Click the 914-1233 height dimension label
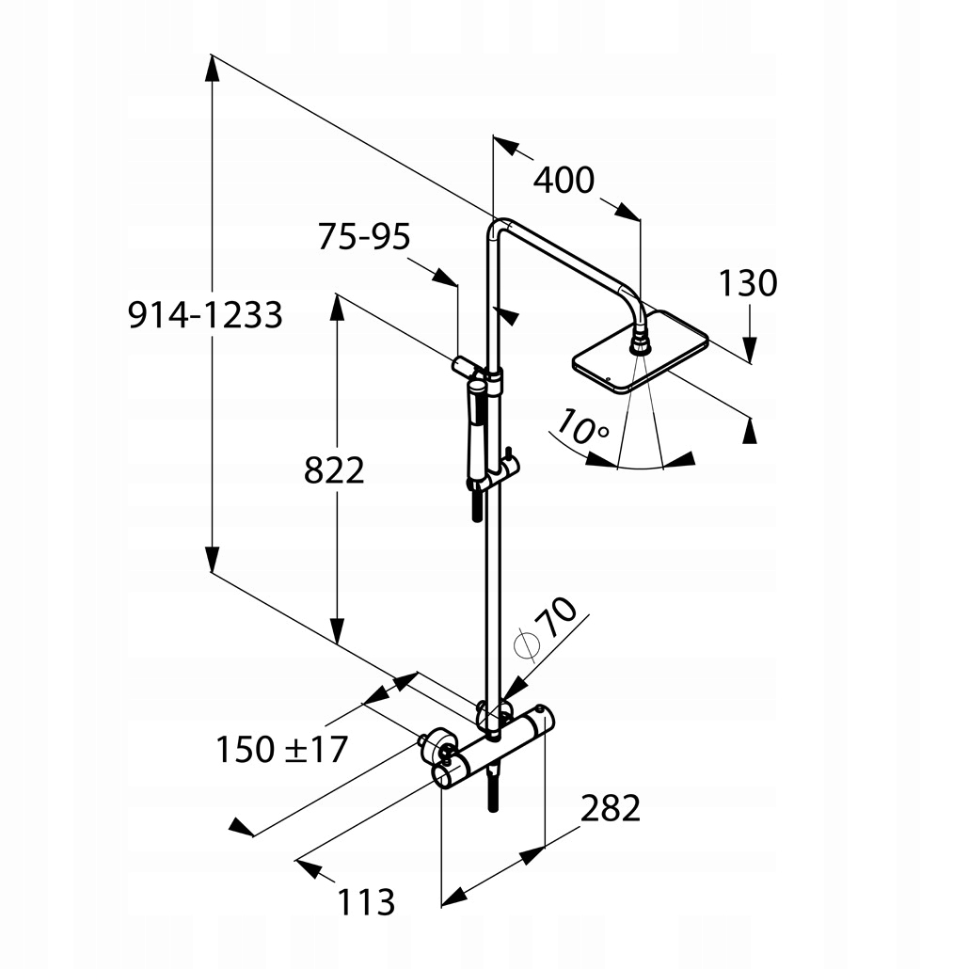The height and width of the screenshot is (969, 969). [x=205, y=315]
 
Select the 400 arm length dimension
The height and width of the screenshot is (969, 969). [x=564, y=180]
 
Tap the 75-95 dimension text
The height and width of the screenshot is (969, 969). [x=364, y=237]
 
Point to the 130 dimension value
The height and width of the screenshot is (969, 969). [x=748, y=282]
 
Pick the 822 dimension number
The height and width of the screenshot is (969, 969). [x=334, y=470]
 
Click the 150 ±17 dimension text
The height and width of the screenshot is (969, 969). [x=281, y=750]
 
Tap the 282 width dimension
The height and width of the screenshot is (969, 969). [x=610, y=807]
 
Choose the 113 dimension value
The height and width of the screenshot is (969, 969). [x=366, y=902]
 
